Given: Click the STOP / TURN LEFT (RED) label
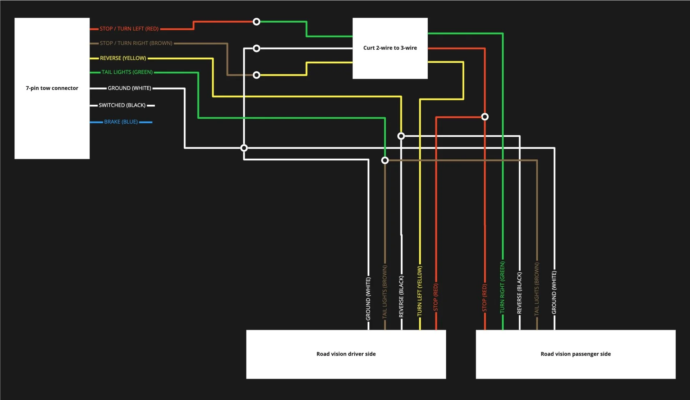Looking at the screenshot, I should (129, 29).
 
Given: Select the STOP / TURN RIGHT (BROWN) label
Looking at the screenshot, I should (136, 43).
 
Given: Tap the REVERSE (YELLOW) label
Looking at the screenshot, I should (123, 58).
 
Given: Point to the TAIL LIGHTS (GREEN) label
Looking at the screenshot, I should (127, 72).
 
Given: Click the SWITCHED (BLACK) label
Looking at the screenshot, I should (122, 105).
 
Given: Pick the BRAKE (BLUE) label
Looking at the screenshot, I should (121, 122).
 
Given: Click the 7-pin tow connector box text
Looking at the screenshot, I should (52, 88).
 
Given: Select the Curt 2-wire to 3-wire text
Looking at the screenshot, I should (390, 48).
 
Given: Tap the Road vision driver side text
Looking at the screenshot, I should (346, 354).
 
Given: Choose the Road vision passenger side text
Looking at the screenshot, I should (575, 354).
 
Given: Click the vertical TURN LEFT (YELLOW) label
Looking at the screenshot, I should (420, 291).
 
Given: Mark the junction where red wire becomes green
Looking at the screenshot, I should (256, 22).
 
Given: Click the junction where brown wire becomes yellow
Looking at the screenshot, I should (256, 75).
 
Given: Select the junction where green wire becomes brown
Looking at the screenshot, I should (385, 160).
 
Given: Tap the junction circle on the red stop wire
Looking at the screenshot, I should (485, 117).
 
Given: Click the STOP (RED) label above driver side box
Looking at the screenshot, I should (436, 297).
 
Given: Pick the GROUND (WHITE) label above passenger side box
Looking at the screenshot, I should (554, 292).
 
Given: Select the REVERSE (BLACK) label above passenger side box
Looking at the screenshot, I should (519, 293).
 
